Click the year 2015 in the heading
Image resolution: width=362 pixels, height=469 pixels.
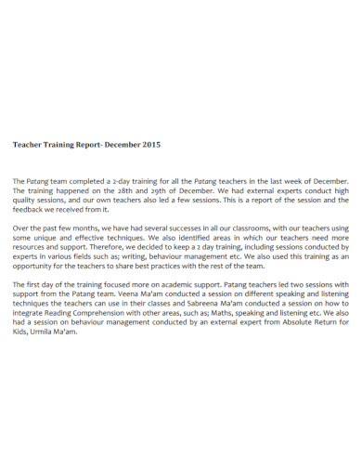tap(151, 145)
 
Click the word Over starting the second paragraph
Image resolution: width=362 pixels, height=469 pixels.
tap(20, 227)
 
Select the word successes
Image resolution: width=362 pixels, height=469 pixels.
tap(173, 227)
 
